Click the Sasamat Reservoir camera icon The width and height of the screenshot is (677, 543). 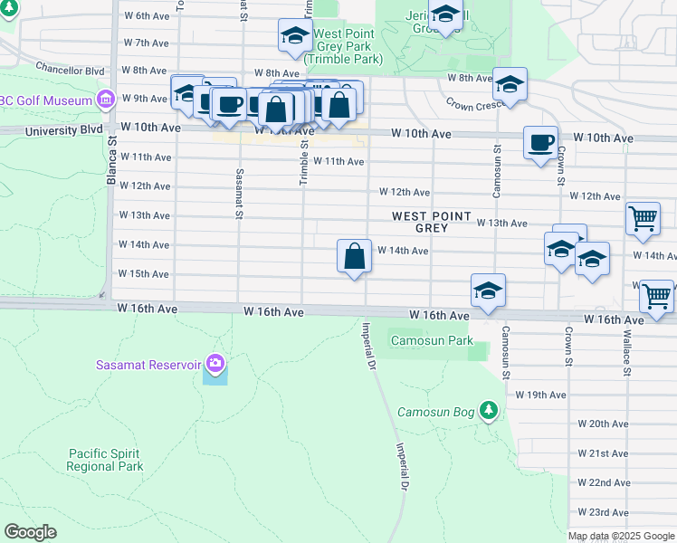point(215,364)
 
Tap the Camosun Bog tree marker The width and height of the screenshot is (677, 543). point(489,412)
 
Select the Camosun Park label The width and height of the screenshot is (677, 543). point(432,341)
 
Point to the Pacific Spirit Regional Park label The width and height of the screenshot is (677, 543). point(105,460)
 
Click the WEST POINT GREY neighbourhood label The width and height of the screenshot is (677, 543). point(432,222)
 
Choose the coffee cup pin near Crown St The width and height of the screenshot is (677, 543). point(541,143)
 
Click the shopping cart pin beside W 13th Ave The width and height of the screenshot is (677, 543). point(643,218)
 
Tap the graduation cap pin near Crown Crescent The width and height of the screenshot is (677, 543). point(510,85)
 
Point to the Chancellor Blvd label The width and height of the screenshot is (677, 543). point(71,68)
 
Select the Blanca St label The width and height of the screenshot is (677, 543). point(112,167)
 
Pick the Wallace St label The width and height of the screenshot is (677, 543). point(625,348)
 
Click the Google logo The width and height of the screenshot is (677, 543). point(30,532)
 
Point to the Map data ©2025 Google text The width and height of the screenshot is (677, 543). point(620,536)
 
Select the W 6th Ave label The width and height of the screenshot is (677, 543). point(147,15)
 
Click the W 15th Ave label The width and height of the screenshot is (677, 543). point(145,273)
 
